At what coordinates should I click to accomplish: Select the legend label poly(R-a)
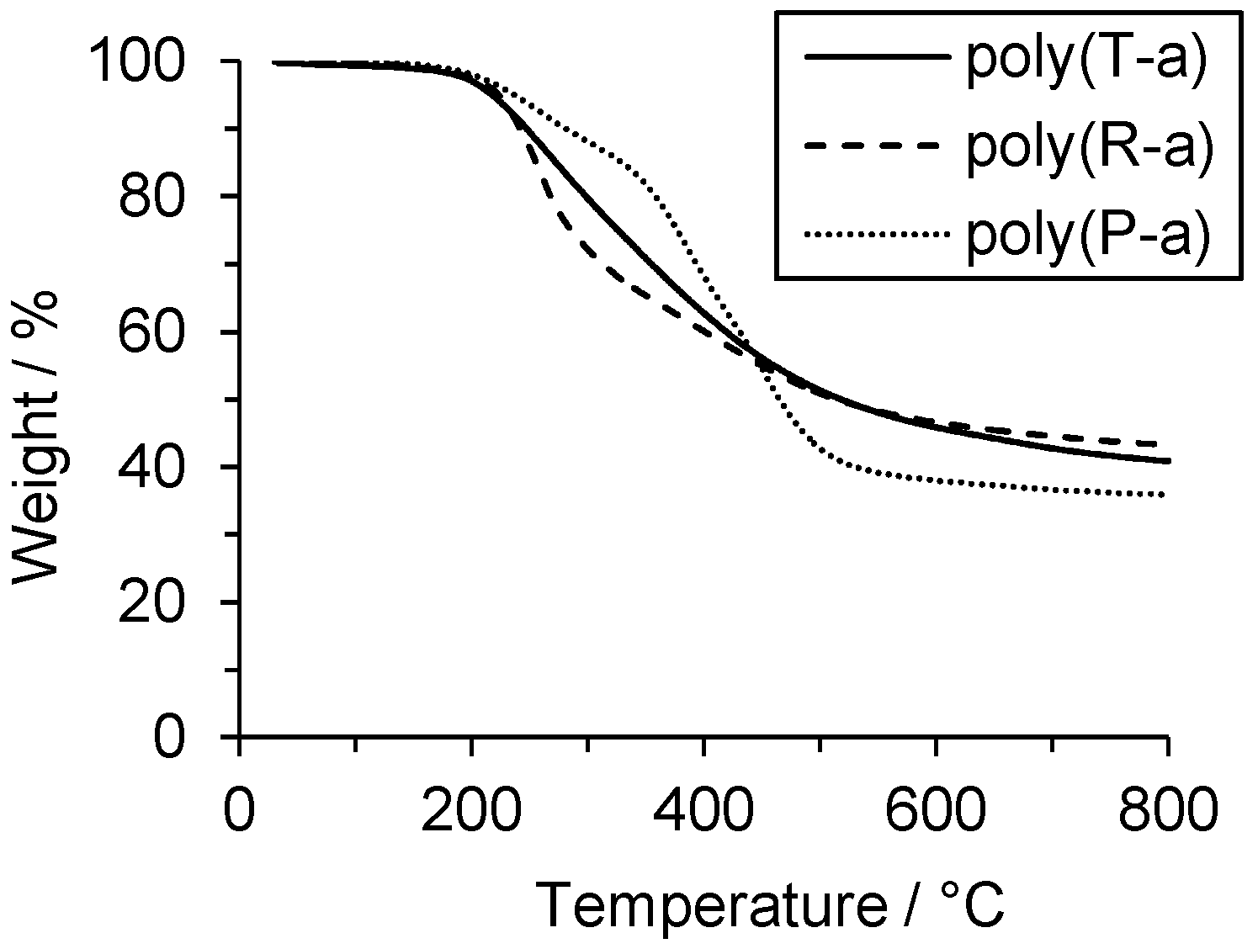point(1088,147)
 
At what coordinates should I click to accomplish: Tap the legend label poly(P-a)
point(1088,235)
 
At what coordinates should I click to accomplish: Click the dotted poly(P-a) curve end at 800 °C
point(1165,495)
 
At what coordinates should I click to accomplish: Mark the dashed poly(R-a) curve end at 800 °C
point(1165,443)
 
